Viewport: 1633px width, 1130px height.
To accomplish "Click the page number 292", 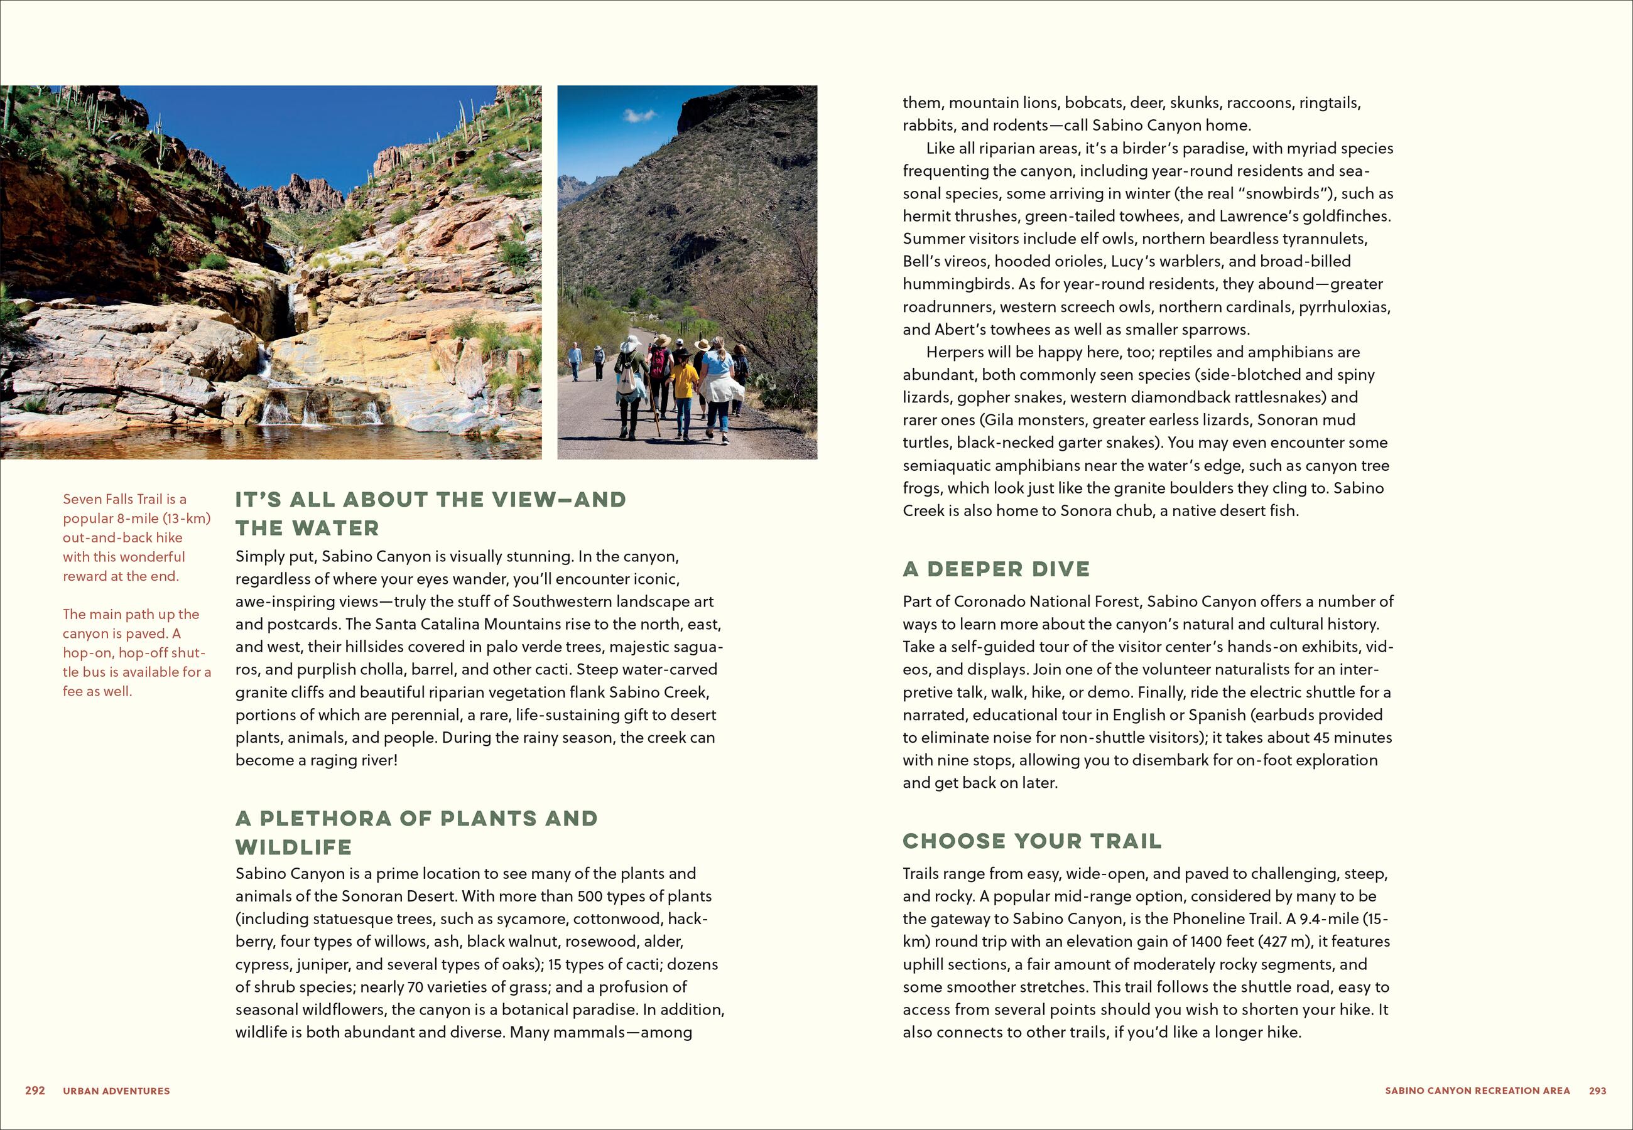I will coord(35,1090).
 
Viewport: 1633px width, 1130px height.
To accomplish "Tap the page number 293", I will coord(1598,1090).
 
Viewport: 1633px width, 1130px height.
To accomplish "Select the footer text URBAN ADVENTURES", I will coord(116,1091).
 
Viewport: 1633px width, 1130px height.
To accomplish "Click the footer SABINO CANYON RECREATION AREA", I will coord(1477,1091).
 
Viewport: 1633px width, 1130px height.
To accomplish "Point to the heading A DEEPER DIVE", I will coord(996,569).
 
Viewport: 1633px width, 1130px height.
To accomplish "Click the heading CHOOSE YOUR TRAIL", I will coord(1032,841).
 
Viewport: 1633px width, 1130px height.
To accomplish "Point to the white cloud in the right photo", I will coord(639,114).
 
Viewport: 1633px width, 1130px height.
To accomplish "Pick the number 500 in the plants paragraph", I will coord(589,896).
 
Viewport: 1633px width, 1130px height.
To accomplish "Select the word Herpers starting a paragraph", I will coord(955,352).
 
